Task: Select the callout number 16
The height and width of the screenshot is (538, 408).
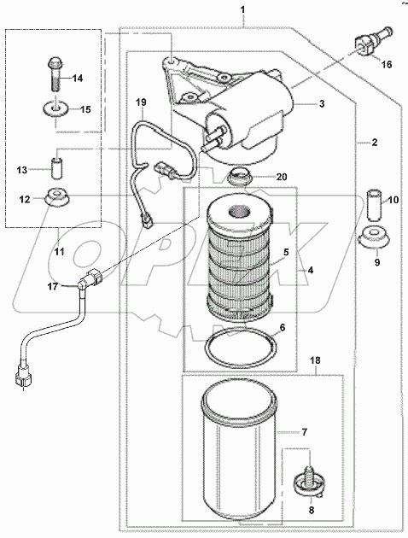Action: pyautogui.click(x=387, y=64)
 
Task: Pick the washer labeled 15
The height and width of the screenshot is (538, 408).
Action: pyautogui.click(x=55, y=109)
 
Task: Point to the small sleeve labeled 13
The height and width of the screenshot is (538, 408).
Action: pyautogui.click(x=56, y=163)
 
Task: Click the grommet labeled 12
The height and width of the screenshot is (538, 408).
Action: pyautogui.click(x=56, y=196)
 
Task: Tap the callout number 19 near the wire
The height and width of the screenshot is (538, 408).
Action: pyautogui.click(x=142, y=102)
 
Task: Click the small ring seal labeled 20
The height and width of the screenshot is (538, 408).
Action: pyautogui.click(x=240, y=177)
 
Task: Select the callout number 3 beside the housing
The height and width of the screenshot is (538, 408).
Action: pyautogui.click(x=322, y=104)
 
